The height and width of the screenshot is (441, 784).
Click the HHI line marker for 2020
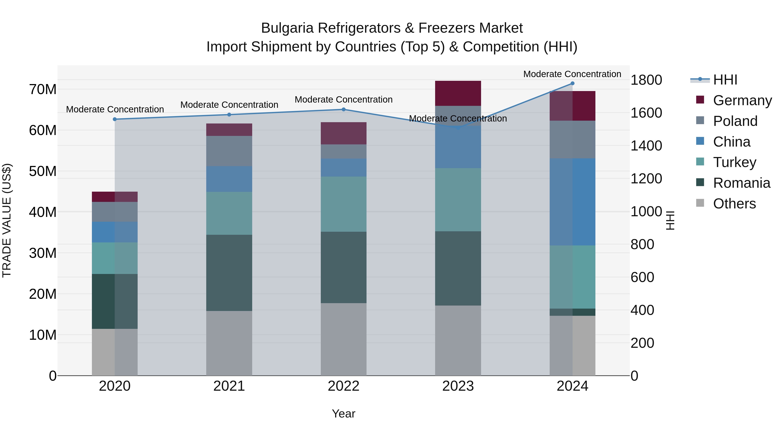coord(115,119)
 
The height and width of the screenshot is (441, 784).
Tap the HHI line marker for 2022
coord(344,110)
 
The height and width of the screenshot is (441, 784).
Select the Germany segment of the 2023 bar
coord(458,93)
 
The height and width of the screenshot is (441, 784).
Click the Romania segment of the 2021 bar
coord(229,273)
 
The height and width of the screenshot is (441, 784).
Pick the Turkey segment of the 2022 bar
coord(344,204)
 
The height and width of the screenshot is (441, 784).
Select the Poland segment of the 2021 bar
coord(229,151)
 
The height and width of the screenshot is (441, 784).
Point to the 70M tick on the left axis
coord(43,90)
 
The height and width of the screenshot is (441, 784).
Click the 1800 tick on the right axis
coord(646,80)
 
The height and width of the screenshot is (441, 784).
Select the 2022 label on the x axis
coord(344,386)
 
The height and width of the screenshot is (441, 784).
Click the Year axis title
coord(344,414)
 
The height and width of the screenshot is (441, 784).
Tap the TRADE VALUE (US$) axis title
coord(7,220)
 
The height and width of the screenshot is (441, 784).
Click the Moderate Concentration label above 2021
coord(229,105)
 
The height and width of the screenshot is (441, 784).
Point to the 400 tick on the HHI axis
coord(642,310)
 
